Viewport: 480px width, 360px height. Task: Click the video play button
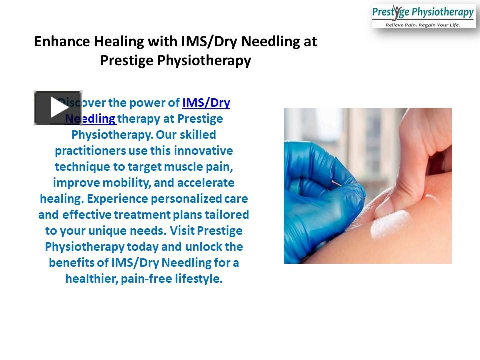[x=57, y=108]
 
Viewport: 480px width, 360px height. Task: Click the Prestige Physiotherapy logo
[x=423, y=15]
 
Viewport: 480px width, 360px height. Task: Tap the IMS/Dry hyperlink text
[x=206, y=103]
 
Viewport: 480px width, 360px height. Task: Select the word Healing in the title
[x=119, y=42]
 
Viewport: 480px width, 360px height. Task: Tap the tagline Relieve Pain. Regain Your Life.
[x=423, y=25]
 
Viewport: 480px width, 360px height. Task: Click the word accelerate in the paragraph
[x=206, y=183]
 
